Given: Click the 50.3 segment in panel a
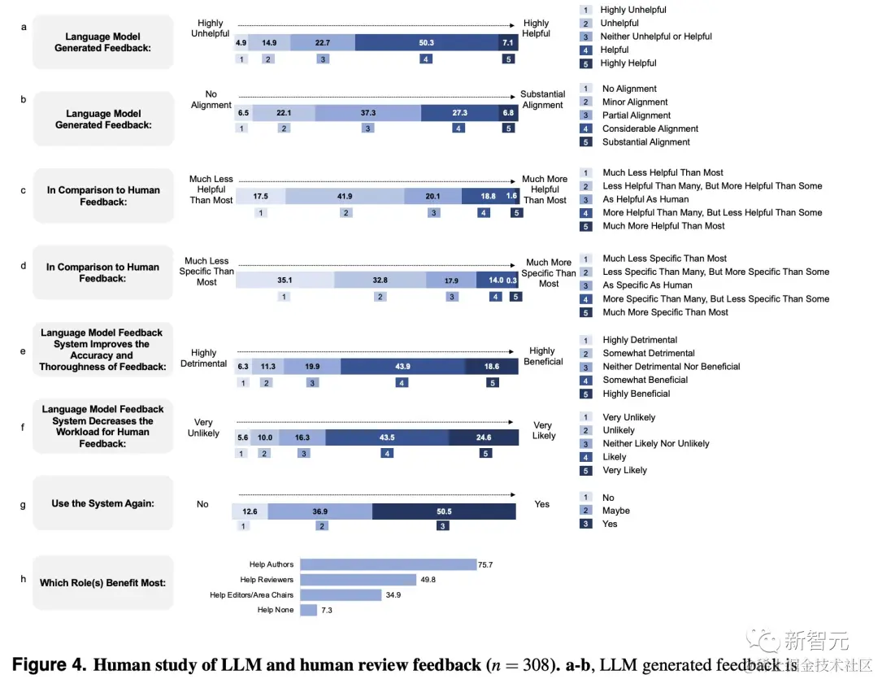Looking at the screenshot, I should [x=426, y=42].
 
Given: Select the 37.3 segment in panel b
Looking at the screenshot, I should [x=367, y=113].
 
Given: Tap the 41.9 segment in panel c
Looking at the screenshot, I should [x=345, y=196].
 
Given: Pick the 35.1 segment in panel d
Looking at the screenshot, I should [x=285, y=280].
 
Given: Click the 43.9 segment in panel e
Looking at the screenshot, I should [x=402, y=366].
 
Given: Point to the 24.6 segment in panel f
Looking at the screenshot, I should [x=484, y=437].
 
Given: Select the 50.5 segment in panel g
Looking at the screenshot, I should [x=443, y=511].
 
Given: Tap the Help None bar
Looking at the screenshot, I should [x=308, y=610].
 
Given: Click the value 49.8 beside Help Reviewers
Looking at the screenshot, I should [x=430, y=580].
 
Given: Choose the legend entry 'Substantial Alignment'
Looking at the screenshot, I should [x=645, y=142].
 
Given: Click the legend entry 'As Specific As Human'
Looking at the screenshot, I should [x=647, y=285].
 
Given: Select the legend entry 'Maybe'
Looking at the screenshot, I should [x=615, y=511].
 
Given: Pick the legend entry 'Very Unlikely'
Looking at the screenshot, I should [x=628, y=417].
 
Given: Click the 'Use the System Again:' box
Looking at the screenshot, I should [x=102, y=503].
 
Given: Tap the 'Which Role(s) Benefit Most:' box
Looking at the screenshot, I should [x=102, y=582].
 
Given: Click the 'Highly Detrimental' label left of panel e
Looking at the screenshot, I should [x=203, y=359].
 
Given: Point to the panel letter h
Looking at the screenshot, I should [x=23, y=579].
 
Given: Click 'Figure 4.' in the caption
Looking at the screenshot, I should [x=50, y=664].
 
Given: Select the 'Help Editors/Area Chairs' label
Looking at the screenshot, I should [x=251, y=595].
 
